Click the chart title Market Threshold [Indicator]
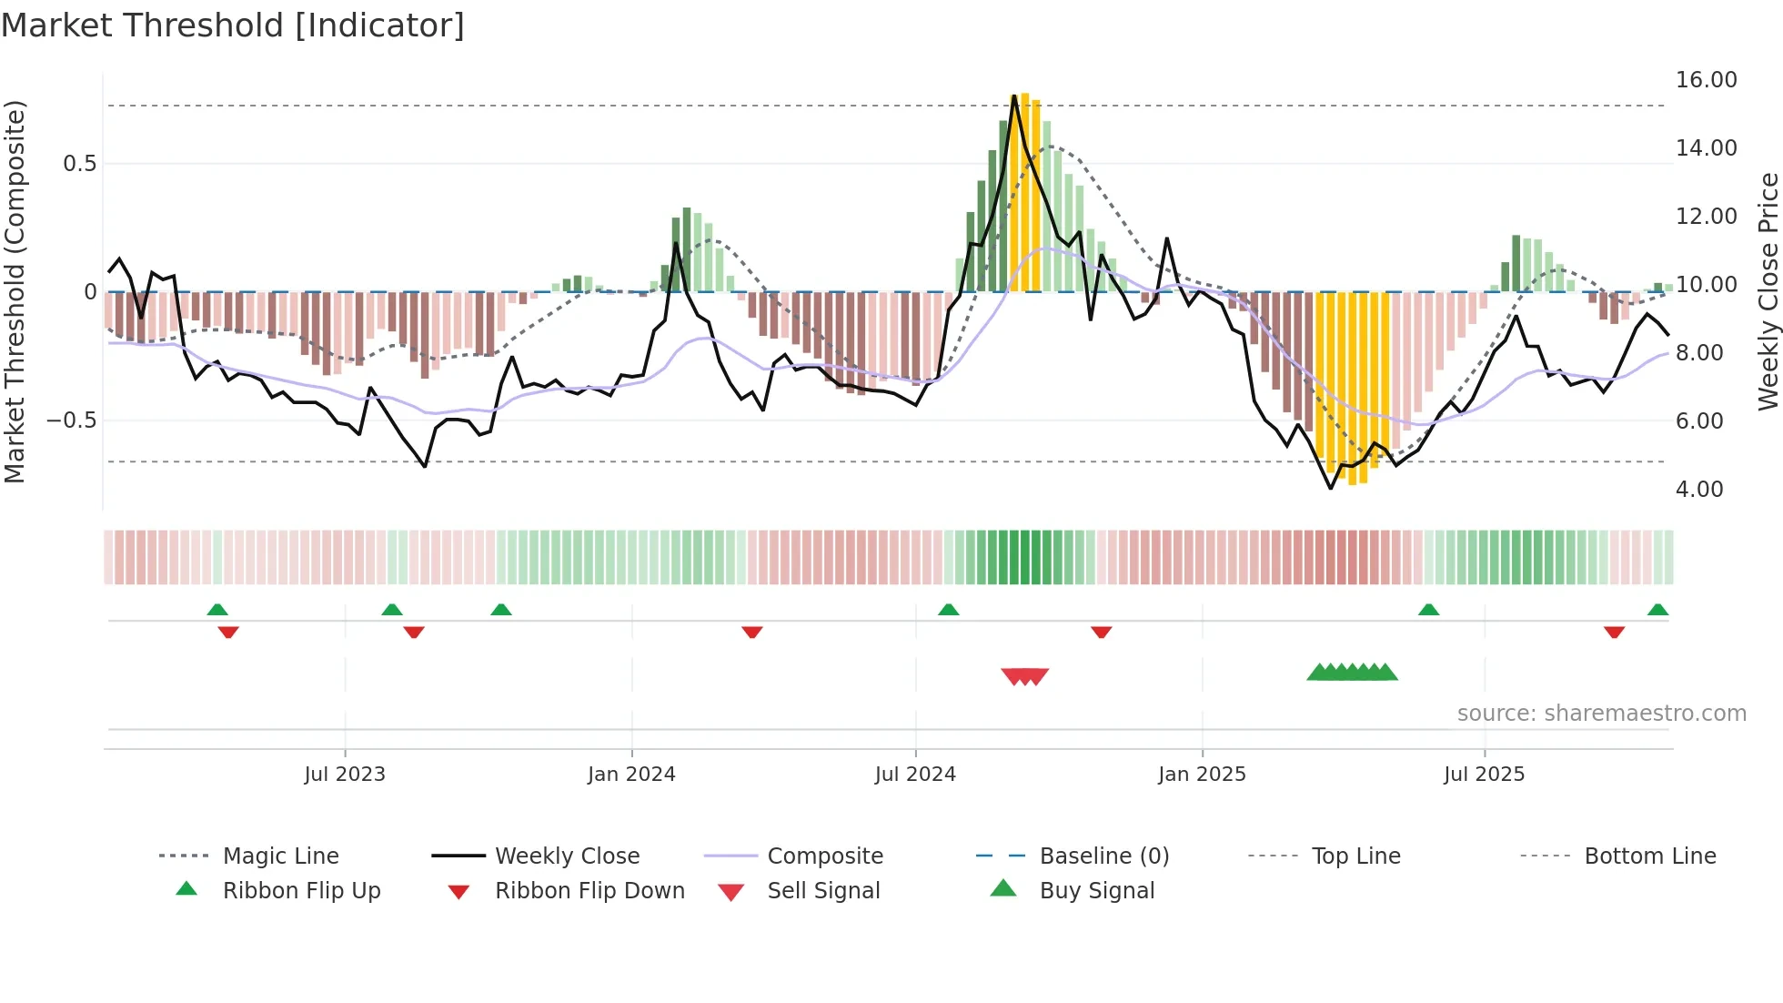(233, 25)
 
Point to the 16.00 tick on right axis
(1706, 80)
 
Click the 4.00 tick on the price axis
(1699, 490)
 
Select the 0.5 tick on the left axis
(79, 164)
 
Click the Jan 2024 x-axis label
(631, 775)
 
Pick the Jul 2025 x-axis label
(1484, 775)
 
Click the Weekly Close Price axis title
(1768, 291)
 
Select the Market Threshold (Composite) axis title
(15, 291)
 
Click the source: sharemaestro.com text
(1601, 714)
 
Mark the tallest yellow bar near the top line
(1024, 191)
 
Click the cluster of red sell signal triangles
(1025, 676)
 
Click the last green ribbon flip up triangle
(1657, 610)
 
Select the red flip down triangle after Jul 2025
(1614, 632)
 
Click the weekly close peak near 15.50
(1014, 96)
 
